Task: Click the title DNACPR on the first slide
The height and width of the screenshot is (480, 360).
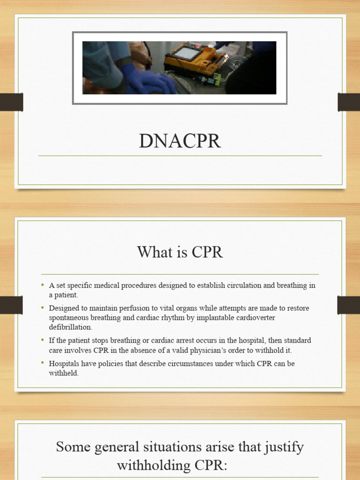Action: coord(180,141)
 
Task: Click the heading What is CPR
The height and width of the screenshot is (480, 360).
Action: coord(180,253)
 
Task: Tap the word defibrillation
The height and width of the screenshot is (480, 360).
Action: coord(71,327)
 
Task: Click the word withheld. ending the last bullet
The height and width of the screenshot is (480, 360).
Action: coord(64,373)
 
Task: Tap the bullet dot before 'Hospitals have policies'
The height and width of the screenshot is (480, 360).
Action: coord(42,363)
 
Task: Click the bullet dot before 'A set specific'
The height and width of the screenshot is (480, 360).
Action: coord(42,285)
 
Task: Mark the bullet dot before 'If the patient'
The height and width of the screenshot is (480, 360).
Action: coord(42,340)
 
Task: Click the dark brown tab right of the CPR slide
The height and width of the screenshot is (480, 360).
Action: coord(349,305)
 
